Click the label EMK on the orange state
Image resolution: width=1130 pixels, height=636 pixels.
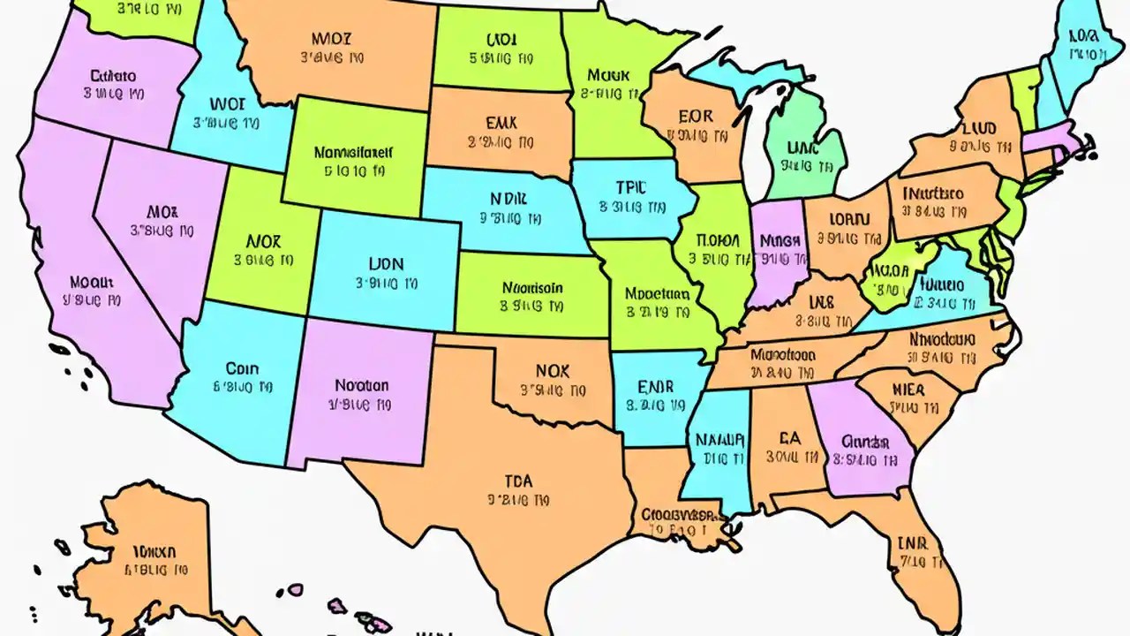pyautogui.click(x=501, y=124)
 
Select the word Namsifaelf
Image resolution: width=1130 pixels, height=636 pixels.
pyautogui.click(x=353, y=152)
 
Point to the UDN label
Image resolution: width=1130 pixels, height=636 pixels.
pyautogui.click(x=387, y=263)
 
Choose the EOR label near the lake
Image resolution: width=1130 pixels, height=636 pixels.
pyautogui.click(x=696, y=116)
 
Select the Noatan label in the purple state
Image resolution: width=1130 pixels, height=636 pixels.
pyautogui.click(x=361, y=385)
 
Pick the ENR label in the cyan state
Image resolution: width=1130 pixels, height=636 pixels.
pyautogui.click(x=655, y=387)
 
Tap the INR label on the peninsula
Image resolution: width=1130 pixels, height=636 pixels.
pyautogui.click(x=912, y=542)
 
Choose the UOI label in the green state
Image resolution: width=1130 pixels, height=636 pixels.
pyautogui.click(x=500, y=40)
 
